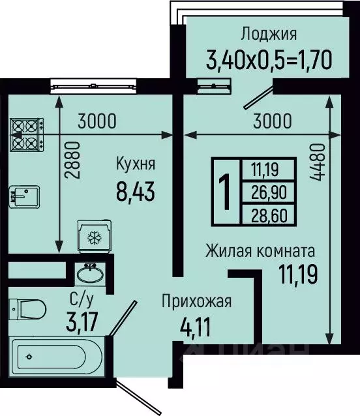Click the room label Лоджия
tap(269, 35)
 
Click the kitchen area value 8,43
tap(135, 193)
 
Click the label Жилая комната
tap(260, 250)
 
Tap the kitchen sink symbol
tap(25, 195)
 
